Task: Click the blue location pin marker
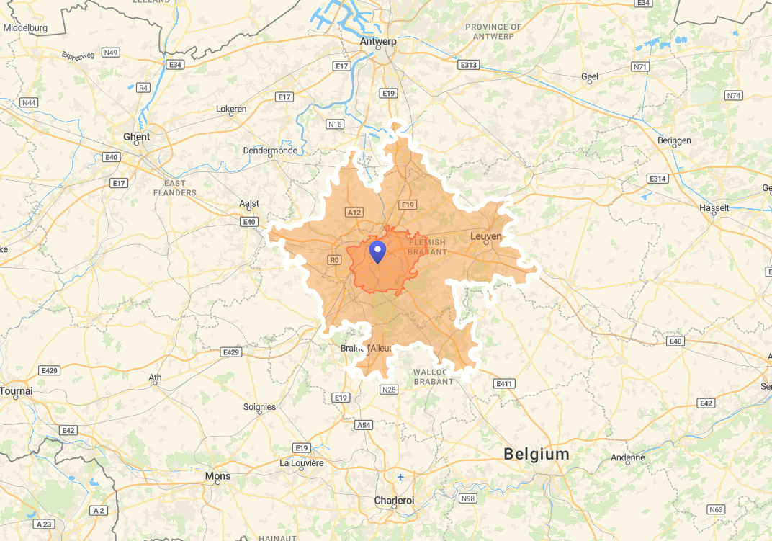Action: pyautogui.click(x=377, y=252)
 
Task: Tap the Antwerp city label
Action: pyautogui.click(x=378, y=41)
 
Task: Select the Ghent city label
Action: pyautogui.click(x=137, y=137)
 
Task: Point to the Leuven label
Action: pyautogui.click(x=485, y=236)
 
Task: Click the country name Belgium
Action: pyautogui.click(x=537, y=455)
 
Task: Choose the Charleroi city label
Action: pyautogui.click(x=394, y=500)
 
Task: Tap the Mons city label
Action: pyautogui.click(x=218, y=476)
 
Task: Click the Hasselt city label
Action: pyautogui.click(x=714, y=208)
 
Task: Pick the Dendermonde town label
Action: pyautogui.click(x=270, y=151)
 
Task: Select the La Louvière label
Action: pyautogui.click(x=302, y=462)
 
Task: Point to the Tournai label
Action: pyautogui.click(x=16, y=391)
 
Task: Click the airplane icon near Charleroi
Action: pyautogui.click(x=401, y=478)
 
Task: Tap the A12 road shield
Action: pyautogui.click(x=354, y=213)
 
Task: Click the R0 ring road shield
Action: pyautogui.click(x=333, y=260)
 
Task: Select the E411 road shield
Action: pyautogui.click(x=504, y=384)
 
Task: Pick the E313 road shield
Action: pyautogui.click(x=468, y=65)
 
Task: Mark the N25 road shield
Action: pyautogui.click(x=389, y=390)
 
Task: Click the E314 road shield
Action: pyautogui.click(x=657, y=178)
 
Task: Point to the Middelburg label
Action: pyautogui.click(x=25, y=28)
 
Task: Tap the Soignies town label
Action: pyautogui.click(x=259, y=407)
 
